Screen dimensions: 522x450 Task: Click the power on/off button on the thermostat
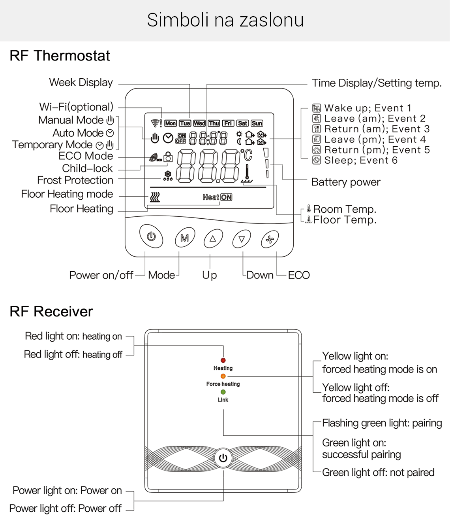click(x=151, y=236)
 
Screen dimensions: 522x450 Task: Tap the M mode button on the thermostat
click(x=185, y=238)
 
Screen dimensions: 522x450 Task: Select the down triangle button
click(x=242, y=239)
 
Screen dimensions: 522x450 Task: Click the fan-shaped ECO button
click(x=270, y=239)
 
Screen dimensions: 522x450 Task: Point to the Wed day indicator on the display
click(x=199, y=123)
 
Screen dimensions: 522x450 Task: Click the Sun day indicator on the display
click(x=257, y=123)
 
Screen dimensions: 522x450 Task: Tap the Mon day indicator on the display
click(x=171, y=123)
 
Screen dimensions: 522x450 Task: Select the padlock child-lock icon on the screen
click(x=169, y=157)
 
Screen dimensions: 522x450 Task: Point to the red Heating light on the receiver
click(x=223, y=360)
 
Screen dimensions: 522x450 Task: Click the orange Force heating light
click(x=223, y=376)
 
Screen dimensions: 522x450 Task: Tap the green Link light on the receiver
click(x=223, y=392)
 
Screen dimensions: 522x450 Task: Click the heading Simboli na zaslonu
click(x=225, y=20)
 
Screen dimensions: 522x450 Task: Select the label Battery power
click(x=346, y=182)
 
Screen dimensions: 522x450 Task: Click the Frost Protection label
click(x=75, y=180)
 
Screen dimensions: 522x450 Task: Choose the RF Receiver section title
click(x=51, y=312)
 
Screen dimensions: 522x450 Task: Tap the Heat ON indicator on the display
click(x=217, y=197)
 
